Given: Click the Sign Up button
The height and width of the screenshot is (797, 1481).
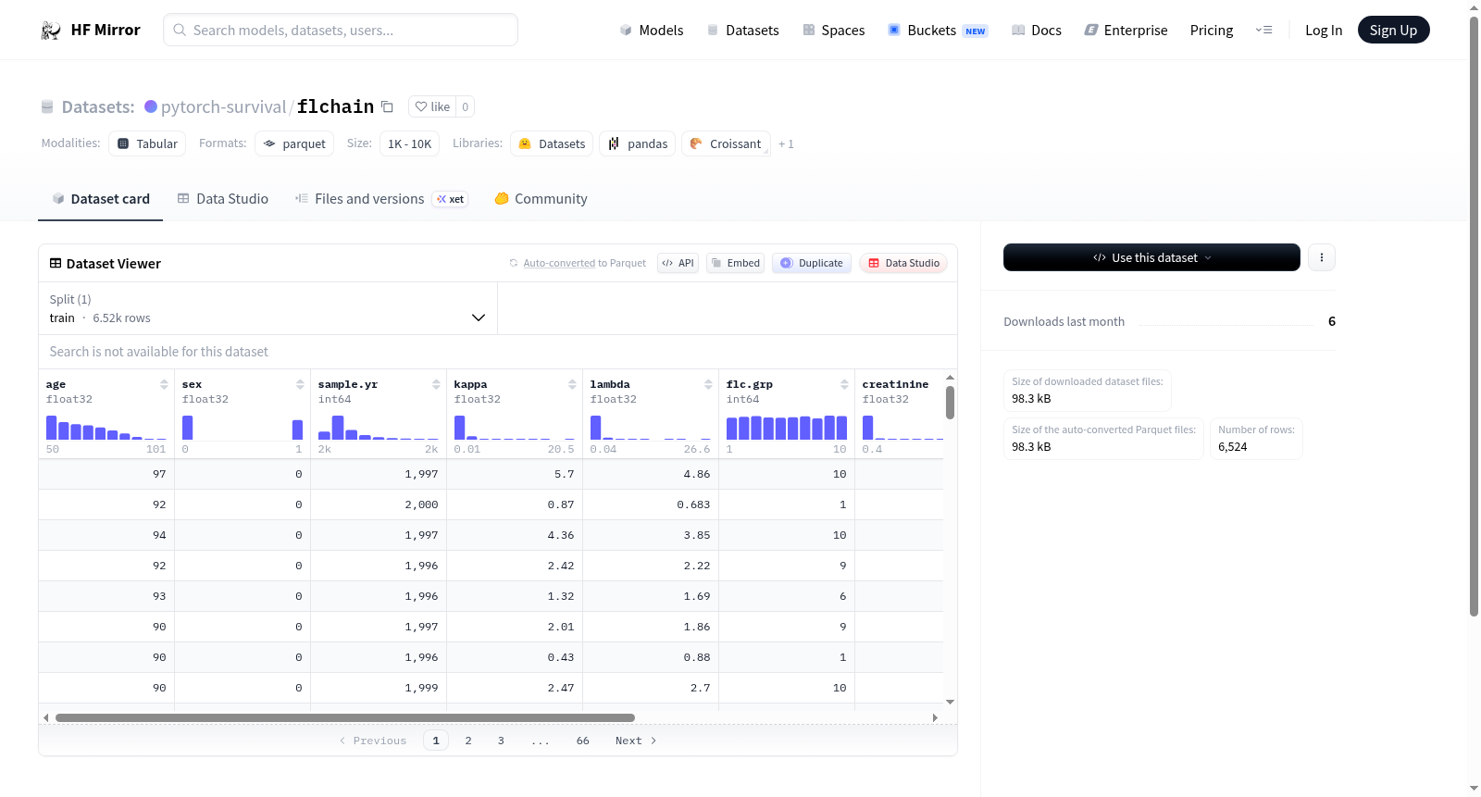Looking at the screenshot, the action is (1393, 30).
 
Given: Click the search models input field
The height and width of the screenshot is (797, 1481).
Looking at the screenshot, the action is (340, 30).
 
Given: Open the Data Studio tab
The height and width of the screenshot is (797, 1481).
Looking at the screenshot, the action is (223, 198).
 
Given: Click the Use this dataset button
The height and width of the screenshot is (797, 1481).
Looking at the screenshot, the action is (1151, 257).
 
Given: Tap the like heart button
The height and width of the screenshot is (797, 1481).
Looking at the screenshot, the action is (433, 106).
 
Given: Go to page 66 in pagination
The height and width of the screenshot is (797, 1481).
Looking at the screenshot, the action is (582, 741).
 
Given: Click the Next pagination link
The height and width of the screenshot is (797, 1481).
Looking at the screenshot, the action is (635, 741).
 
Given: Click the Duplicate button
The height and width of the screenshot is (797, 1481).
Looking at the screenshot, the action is (811, 263).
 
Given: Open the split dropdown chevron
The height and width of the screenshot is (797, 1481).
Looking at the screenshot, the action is (478, 318).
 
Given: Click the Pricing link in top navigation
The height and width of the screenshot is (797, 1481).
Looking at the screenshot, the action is (1212, 30).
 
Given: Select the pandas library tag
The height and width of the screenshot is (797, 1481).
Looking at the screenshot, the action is (638, 143).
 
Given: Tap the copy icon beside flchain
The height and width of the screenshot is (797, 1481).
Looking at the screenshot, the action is (388, 106).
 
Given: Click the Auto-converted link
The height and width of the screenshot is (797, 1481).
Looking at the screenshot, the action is (559, 263).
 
